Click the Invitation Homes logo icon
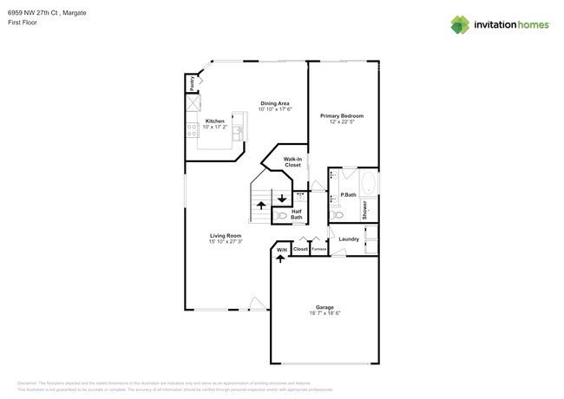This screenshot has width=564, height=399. tap(461, 25)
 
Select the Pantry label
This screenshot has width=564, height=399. tap(192, 83)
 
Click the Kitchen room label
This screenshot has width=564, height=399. tap(214, 121)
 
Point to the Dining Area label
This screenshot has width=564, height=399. tap(274, 104)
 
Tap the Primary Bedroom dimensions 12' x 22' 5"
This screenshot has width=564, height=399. tap(341, 121)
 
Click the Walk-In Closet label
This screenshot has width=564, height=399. tap(292, 161)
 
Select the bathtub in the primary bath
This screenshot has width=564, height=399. tap(368, 184)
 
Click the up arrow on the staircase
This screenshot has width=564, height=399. tap(262, 206)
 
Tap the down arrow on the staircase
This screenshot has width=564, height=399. tap(282, 198)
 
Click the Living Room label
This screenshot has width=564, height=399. tap(225, 235)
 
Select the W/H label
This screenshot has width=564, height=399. tap(280, 251)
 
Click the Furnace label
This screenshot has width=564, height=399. tap(318, 250)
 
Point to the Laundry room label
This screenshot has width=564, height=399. tap(349, 239)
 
